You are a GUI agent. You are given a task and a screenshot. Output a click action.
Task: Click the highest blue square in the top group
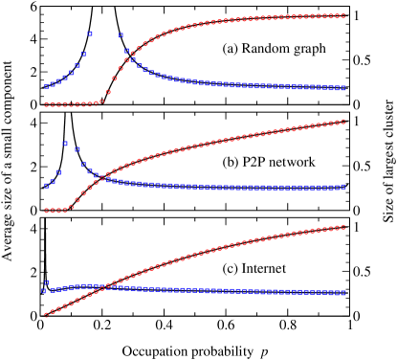(x=90, y=34)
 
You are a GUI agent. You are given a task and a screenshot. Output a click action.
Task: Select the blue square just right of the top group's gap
(x=121, y=35)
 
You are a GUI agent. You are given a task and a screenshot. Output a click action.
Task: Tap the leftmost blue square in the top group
(x=46, y=87)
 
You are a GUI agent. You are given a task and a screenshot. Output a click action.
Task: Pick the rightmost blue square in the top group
(x=343, y=88)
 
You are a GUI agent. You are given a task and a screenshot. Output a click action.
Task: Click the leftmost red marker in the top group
(x=46, y=104)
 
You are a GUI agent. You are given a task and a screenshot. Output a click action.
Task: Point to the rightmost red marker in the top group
(x=343, y=15)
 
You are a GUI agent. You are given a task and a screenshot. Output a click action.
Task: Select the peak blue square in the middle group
(x=65, y=144)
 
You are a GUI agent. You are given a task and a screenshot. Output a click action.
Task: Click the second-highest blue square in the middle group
(x=77, y=150)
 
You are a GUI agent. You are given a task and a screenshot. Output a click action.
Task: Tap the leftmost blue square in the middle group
(x=46, y=186)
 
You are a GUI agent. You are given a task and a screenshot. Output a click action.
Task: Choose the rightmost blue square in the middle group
(x=343, y=187)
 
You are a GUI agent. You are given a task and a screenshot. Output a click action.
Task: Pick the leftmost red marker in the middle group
(x=46, y=211)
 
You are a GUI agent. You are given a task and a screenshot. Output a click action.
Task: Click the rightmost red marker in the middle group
(x=343, y=122)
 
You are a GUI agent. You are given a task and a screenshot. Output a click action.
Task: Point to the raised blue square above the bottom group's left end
(x=46, y=282)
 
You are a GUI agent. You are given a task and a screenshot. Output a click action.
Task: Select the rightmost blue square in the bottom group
(x=343, y=293)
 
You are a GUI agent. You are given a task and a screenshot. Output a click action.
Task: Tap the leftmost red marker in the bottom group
(x=46, y=314)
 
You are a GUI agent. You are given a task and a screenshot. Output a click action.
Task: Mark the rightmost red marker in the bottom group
(x=343, y=228)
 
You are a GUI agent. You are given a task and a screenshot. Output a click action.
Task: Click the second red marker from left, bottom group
(x=53, y=311)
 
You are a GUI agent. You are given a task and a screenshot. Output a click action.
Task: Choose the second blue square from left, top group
(x=53, y=85)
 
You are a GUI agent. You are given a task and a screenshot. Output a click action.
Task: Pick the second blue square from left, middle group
(x=53, y=182)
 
